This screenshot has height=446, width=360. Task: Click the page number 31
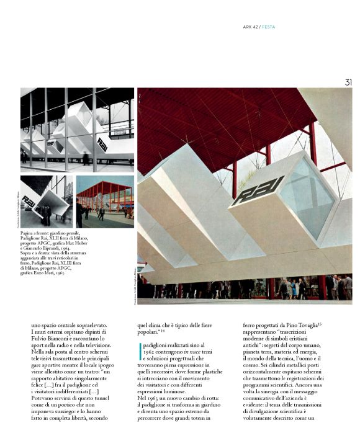click(x=348, y=82)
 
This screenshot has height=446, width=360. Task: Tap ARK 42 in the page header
click(x=251, y=27)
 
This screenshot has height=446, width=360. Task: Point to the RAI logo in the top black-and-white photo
click(x=100, y=142)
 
